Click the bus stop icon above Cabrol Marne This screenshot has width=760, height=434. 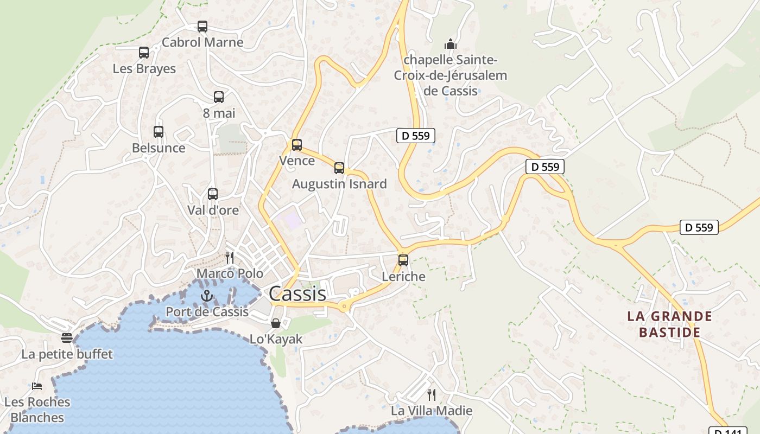pyautogui.click(x=202, y=26)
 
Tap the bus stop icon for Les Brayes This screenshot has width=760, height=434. pyautogui.click(x=144, y=53)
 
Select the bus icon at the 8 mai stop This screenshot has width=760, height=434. pyautogui.click(x=219, y=97)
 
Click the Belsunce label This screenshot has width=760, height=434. pyautogui.click(x=159, y=148)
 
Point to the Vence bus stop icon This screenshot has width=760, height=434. pyautogui.click(x=296, y=145)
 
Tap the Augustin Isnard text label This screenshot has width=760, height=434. pyautogui.click(x=339, y=184)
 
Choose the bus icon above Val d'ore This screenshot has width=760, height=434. pyautogui.click(x=213, y=194)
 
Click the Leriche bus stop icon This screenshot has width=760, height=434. pyautogui.click(x=403, y=260)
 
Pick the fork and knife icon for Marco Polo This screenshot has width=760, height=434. pyautogui.click(x=230, y=257)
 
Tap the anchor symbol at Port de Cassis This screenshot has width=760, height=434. pyautogui.click(x=206, y=296)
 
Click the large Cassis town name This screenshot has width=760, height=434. pyautogui.click(x=297, y=293)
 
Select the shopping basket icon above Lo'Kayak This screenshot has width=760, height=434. pyautogui.click(x=276, y=323)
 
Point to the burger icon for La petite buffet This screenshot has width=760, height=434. pyautogui.click(x=67, y=338)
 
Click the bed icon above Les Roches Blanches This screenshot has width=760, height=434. pyautogui.click(x=37, y=386)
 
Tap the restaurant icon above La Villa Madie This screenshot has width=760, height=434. pyautogui.click(x=432, y=394)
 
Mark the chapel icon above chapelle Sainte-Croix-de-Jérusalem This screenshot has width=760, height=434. pyautogui.click(x=450, y=44)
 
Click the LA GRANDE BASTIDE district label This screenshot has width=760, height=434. pyautogui.click(x=669, y=324)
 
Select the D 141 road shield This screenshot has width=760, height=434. pyautogui.click(x=727, y=431)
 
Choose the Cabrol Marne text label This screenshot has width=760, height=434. pyautogui.click(x=202, y=42)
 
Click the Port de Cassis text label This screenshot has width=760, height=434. pyautogui.click(x=207, y=312)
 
